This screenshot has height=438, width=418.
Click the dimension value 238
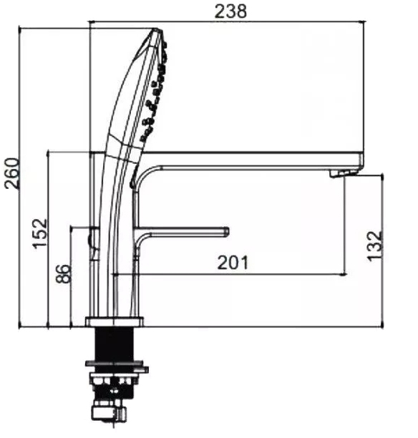pos(230,11)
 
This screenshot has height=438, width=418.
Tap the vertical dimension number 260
pos(12,173)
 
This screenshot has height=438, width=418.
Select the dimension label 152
pos(39,233)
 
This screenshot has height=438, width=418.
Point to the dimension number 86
pos(63,273)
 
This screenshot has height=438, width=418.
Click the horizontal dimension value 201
pos(233,263)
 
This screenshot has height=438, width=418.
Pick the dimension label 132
pos(374,246)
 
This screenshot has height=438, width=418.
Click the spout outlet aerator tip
pos(343,173)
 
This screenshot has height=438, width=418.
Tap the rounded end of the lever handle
pos(227,232)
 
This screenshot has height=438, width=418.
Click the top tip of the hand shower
pos(156,29)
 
